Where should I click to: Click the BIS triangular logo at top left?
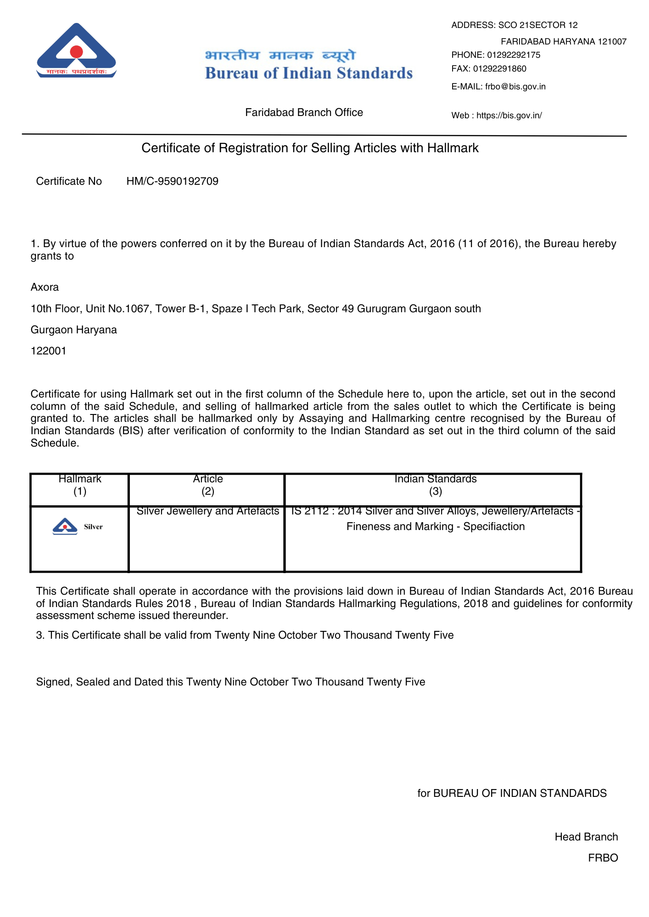[76, 50]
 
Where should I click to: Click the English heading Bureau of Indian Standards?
[309, 73]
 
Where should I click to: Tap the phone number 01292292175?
[514, 55]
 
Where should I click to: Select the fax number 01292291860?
[499, 69]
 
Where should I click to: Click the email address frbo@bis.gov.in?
[515, 87]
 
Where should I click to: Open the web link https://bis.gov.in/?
[509, 116]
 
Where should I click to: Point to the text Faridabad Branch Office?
[304, 112]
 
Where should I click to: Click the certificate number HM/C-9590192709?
[172, 182]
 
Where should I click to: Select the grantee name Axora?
[45, 287]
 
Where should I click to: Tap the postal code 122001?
[48, 351]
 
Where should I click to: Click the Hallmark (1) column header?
[80, 485]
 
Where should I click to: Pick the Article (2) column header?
[208, 485]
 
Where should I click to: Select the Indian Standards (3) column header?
[435, 485]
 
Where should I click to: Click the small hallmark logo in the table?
[65, 526]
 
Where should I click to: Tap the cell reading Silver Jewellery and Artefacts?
[208, 511]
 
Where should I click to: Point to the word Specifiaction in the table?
[494, 527]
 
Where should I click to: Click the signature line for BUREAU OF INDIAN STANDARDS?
[512, 794]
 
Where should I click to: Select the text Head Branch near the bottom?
[586, 837]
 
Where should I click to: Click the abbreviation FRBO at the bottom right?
[603, 858]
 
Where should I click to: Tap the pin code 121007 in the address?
[611, 42]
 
